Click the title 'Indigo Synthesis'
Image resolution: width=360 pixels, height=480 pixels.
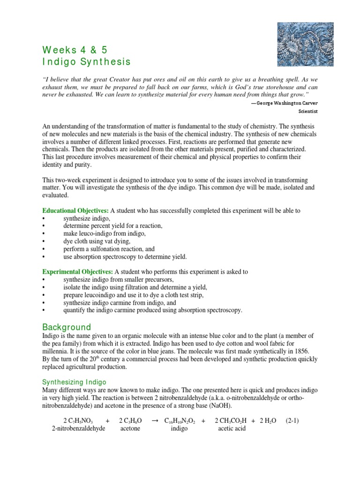(87, 62)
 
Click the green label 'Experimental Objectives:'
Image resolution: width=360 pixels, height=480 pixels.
(78, 272)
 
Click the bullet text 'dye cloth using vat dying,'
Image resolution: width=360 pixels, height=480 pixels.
(97, 241)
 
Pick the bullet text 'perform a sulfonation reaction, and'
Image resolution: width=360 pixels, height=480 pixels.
(109, 249)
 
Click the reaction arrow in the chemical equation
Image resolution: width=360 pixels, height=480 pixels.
(155, 421)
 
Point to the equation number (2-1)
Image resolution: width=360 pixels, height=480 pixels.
(292, 421)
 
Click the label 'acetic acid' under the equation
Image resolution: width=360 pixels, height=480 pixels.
(232, 429)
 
